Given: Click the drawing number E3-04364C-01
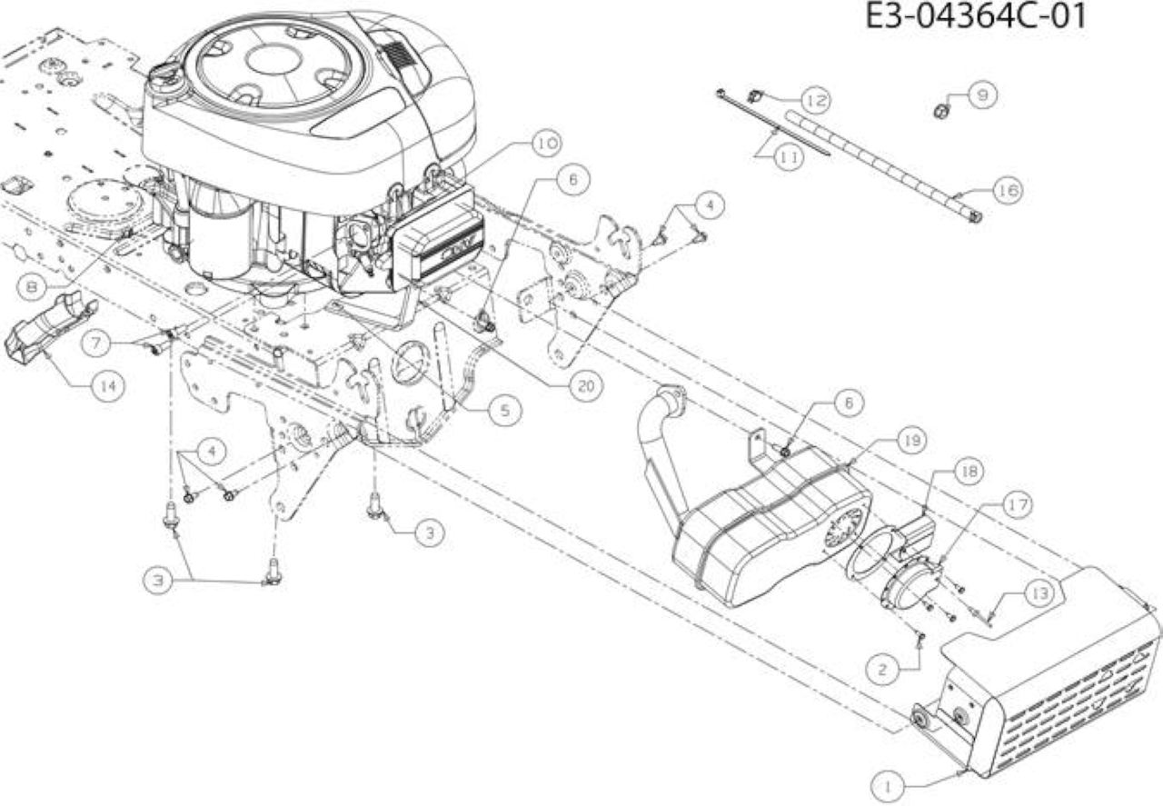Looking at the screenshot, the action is [x=976, y=16].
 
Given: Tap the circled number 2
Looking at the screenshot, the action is [x=882, y=670].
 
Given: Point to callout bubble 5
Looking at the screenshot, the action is [x=504, y=411].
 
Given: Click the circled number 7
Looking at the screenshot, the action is [x=97, y=343].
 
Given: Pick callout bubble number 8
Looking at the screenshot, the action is [x=32, y=287].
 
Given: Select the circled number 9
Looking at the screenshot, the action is [x=982, y=95].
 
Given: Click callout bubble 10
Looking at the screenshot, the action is [x=546, y=143].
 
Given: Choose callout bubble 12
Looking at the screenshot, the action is [x=816, y=100].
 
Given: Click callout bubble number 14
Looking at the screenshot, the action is [x=108, y=385].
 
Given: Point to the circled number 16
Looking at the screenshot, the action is [x=1008, y=190].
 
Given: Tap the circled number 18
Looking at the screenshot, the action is [x=969, y=471].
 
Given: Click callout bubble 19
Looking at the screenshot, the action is [x=911, y=441].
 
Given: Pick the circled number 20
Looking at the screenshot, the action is [x=586, y=385].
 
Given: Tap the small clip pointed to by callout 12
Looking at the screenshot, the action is [x=755, y=96].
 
